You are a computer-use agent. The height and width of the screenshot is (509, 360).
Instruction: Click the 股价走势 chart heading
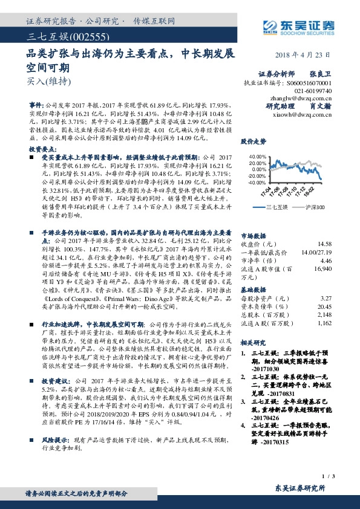253,141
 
